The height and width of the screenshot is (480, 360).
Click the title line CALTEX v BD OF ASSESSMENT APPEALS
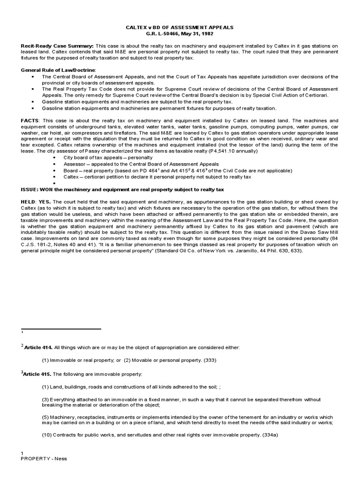180,28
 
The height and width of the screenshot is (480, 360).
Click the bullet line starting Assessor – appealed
141,164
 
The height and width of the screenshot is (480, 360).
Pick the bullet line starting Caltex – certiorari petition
157,177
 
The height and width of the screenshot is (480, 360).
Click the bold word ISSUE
30,189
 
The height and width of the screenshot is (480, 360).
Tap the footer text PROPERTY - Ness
44,458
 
